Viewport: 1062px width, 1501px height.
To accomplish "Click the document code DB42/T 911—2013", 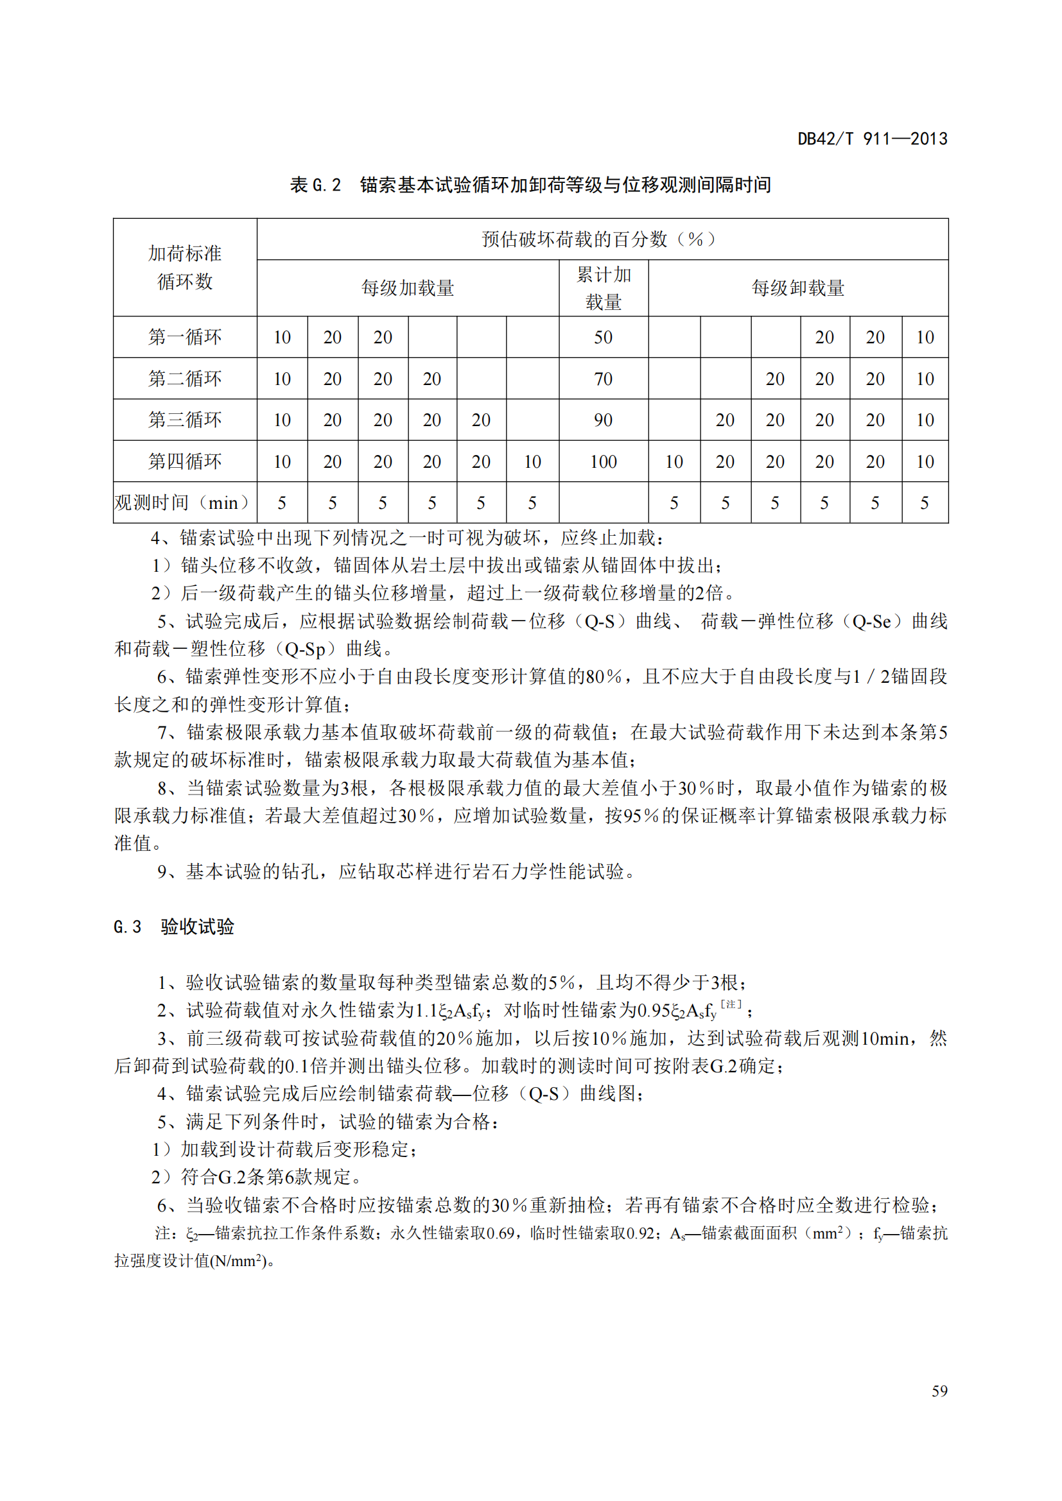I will pos(872,139).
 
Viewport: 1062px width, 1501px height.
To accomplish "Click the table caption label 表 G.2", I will pos(315,185).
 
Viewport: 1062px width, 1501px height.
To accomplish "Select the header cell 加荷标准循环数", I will pos(185,268).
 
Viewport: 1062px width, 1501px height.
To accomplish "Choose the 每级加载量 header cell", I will pos(408,288).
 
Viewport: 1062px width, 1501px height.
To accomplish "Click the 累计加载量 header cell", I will pos(603,288).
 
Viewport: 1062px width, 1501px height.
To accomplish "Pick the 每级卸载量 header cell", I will pos(798,288).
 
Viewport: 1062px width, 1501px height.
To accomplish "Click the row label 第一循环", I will pos(185,338).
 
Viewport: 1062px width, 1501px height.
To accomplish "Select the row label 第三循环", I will pos(185,420).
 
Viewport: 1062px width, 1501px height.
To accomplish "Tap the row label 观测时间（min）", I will pos(184,502).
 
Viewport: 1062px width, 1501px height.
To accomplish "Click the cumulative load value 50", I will pos(603,338).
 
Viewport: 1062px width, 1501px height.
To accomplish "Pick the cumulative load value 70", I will pos(603,379).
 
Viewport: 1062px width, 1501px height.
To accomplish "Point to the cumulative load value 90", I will pos(603,420).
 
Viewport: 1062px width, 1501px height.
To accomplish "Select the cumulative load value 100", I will pos(603,461).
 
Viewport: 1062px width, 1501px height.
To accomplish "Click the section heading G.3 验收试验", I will pos(173,927).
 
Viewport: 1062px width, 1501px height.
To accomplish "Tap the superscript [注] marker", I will pos(731,1004).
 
